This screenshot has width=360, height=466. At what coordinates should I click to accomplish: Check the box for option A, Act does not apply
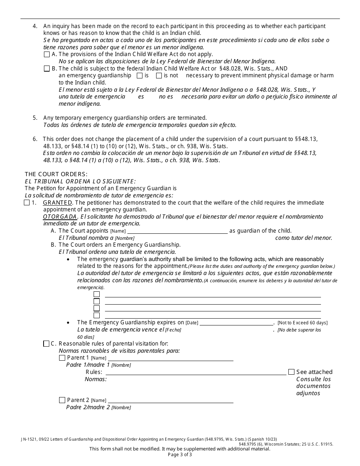[x=47, y=54]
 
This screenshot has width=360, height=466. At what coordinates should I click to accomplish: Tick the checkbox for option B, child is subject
[x=47, y=69]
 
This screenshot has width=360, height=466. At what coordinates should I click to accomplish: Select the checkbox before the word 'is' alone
[x=139, y=75]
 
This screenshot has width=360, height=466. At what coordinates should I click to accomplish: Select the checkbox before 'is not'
[x=159, y=75]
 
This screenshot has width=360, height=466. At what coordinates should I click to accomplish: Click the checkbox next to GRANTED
[x=27, y=203]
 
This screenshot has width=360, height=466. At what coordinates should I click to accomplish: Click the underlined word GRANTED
[x=58, y=203]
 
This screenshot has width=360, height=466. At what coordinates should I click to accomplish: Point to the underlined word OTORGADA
[x=60, y=217]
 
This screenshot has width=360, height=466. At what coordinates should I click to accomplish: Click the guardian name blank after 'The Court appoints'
[x=177, y=231]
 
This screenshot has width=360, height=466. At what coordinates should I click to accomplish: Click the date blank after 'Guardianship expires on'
[x=236, y=323]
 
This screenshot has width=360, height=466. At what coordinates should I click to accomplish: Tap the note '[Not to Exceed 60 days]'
[x=302, y=323]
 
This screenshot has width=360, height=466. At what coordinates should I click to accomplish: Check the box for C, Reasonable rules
[x=46, y=344]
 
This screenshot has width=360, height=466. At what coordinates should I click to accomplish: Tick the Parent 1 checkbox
[x=62, y=358]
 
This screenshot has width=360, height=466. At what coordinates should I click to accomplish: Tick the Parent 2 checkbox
[x=62, y=400]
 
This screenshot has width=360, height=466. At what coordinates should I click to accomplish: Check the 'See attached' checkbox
[x=291, y=372]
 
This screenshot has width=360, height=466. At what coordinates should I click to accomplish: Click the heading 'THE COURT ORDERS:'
[x=56, y=174]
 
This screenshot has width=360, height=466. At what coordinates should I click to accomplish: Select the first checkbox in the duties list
[x=97, y=294]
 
